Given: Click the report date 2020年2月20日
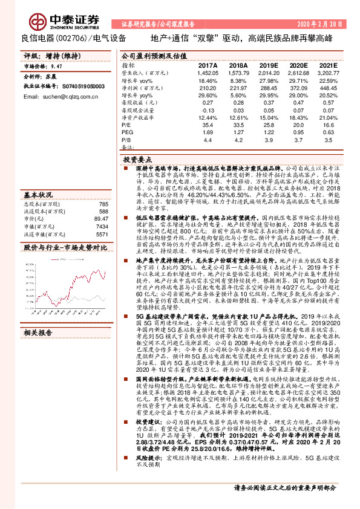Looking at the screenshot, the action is point(321,25).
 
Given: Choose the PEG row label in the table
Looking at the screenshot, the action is point(128,131).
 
